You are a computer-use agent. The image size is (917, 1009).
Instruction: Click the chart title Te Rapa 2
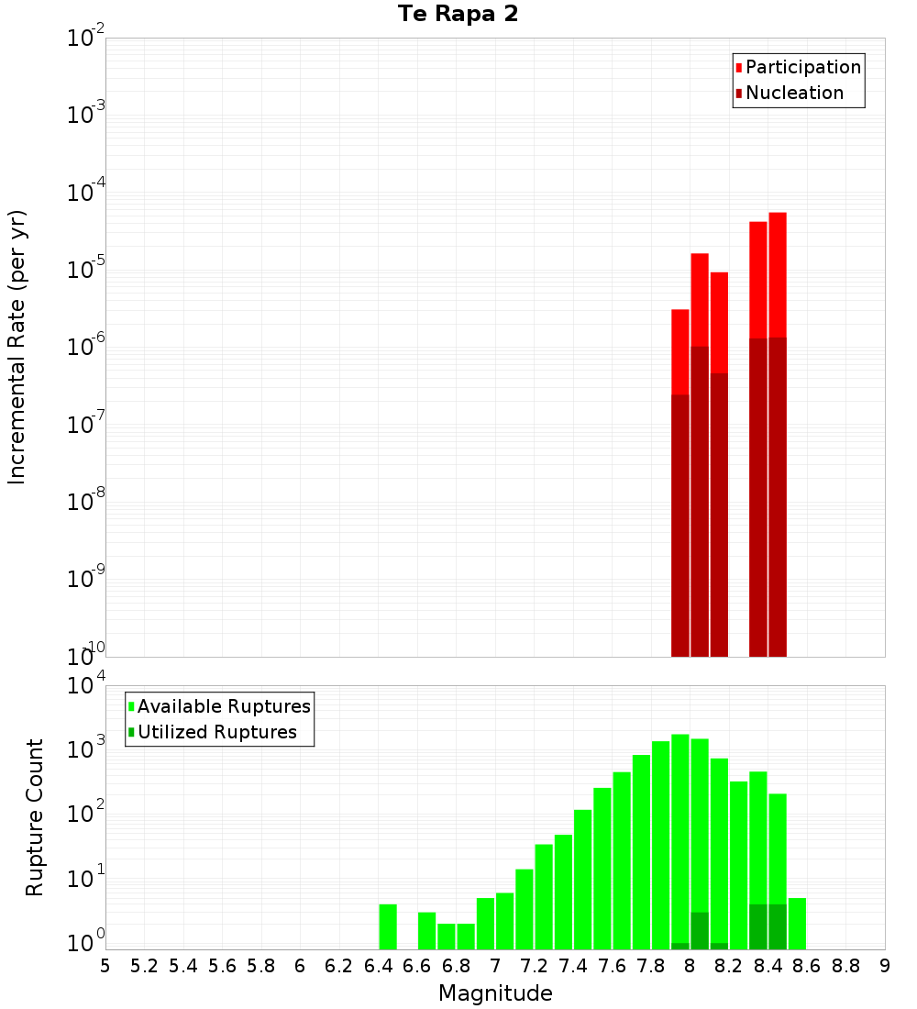coord(458,15)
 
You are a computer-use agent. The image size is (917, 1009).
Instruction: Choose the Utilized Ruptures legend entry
coord(216,732)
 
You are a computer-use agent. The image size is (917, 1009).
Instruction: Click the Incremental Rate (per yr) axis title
coord(17,347)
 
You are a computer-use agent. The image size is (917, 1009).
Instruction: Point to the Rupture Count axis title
coord(35,817)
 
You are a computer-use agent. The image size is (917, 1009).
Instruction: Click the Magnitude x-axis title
coord(495,993)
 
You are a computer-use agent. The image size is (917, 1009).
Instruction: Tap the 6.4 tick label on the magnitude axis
coord(378,966)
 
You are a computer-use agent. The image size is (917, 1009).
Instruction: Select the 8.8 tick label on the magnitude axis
coord(845,966)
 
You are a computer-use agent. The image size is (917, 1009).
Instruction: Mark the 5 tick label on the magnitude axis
coord(105,966)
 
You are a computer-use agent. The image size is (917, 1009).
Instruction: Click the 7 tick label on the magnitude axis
coord(495,966)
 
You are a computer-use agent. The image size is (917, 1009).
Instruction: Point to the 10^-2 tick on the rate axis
coord(86,39)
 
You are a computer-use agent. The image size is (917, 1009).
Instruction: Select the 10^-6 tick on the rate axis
coord(86,347)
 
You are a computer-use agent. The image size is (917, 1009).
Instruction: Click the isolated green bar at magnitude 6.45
coord(388,926)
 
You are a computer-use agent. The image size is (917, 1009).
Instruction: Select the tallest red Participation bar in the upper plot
coord(778,275)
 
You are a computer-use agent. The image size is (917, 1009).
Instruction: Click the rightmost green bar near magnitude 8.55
coord(797,924)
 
